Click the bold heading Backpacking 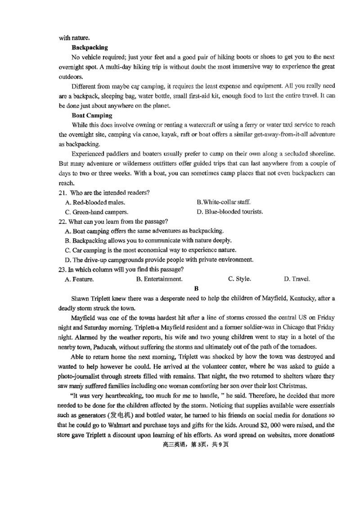coord(90,47)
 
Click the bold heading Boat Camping coord(92,116)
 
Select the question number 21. coord(63,193)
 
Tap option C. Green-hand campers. coord(97,212)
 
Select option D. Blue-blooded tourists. coord(230,212)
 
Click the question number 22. coord(63,221)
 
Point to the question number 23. coord(63,269)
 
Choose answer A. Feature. coord(80,279)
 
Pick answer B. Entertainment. coord(159,279)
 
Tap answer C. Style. coord(239,279)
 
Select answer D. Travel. coord(297,279)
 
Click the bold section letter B coord(196,289)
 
